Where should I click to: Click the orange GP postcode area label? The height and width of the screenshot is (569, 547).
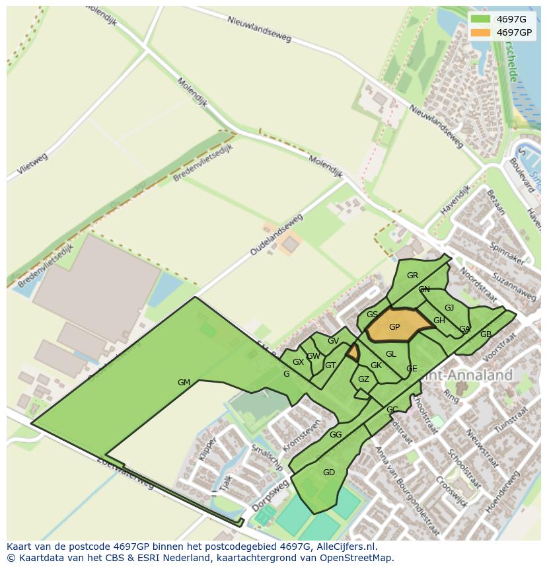394,327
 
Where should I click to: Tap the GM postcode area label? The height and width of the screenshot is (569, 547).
184,383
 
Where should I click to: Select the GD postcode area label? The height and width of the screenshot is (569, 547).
329,472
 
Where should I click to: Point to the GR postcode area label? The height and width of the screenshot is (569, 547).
412,276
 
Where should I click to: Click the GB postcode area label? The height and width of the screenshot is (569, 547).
486,334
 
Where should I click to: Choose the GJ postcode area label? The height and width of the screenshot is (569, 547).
449,308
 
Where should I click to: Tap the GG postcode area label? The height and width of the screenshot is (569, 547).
336,435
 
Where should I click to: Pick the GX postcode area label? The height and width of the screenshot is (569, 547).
298,362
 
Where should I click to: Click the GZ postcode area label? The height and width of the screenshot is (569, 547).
363,379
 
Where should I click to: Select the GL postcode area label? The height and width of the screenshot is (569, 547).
391,354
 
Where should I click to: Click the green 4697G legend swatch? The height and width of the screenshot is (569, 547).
481,19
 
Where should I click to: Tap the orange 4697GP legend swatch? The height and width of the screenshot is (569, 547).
481,32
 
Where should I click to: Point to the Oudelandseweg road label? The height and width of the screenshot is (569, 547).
276,235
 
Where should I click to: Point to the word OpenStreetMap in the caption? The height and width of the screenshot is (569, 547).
357,558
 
